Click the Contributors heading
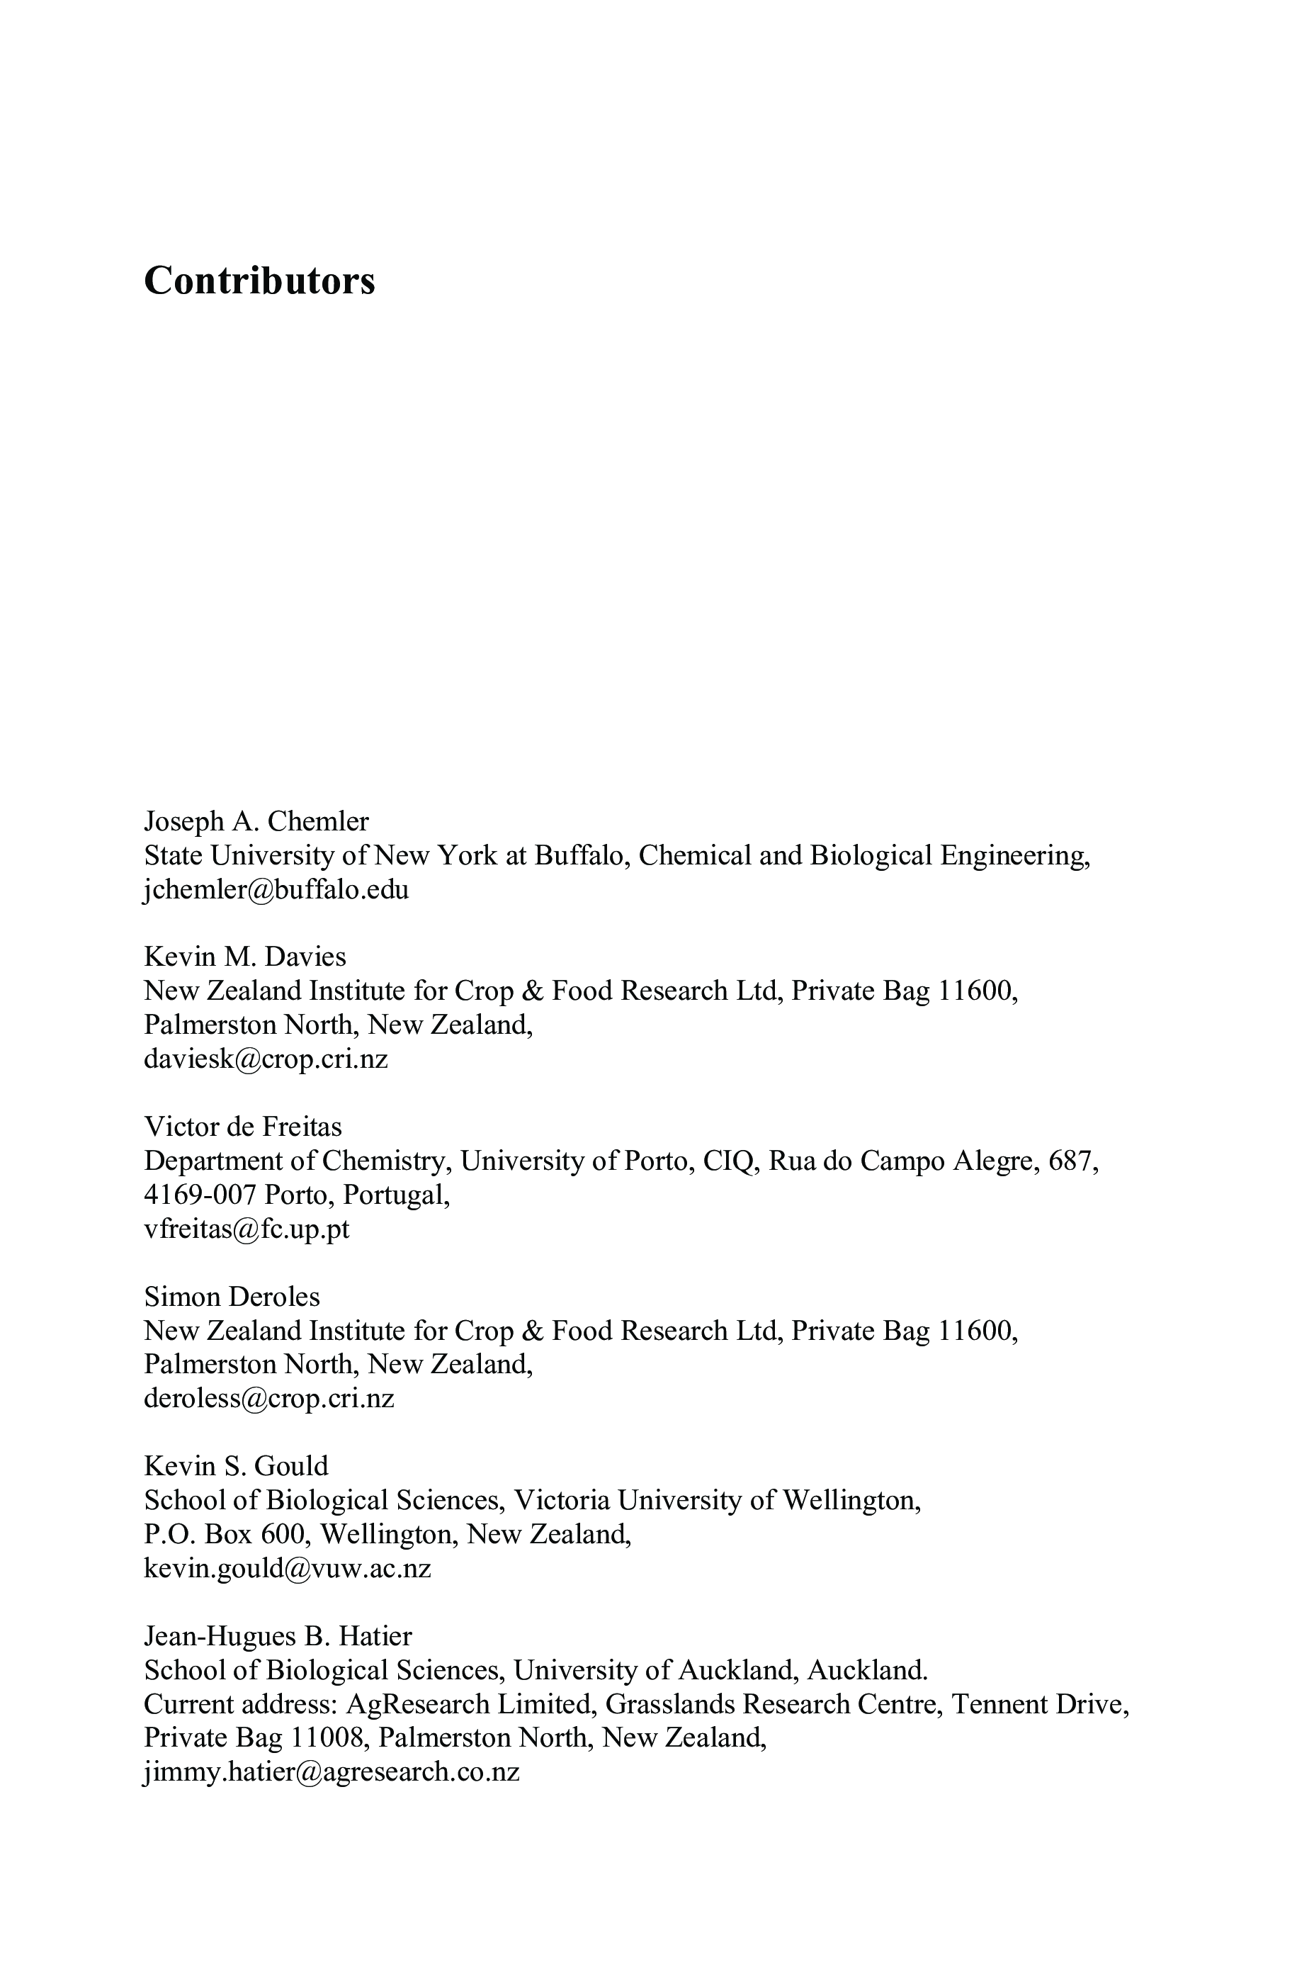(x=259, y=281)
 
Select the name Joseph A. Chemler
(x=256, y=821)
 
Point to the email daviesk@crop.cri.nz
(x=266, y=1059)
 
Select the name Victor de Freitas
(x=242, y=1126)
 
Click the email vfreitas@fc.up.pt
(x=247, y=1229)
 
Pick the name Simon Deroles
(x=232, y=1295)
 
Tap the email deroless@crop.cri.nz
(x=269, y=1398)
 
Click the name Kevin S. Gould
(x=236, y=1466)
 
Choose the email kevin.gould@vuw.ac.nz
(x=287, y=1567)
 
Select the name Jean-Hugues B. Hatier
(x=278, y=1635)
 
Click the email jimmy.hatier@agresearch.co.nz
(x=331, y=1772)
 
